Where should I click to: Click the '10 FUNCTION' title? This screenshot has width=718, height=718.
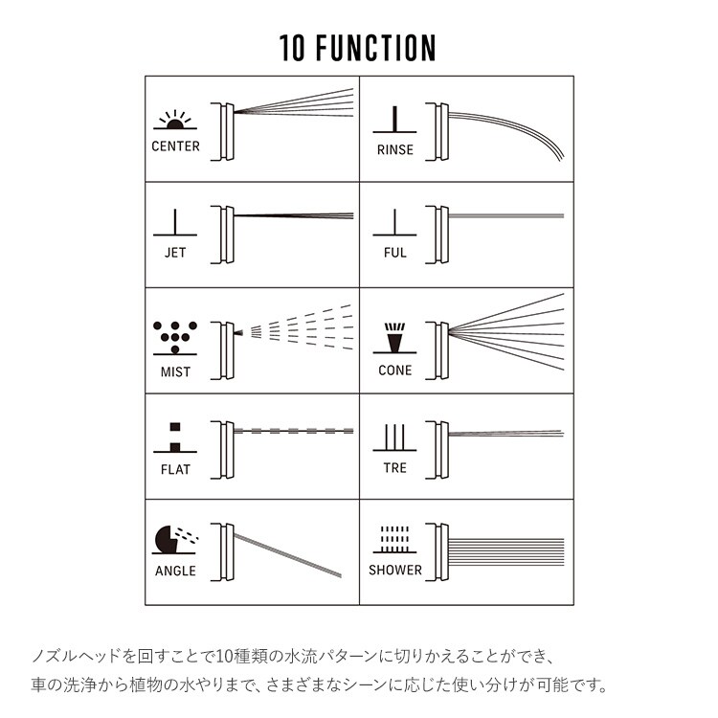click(358, 48)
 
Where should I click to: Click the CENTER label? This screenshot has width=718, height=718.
click(175, 146)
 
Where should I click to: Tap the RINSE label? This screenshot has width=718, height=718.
click(394, 149)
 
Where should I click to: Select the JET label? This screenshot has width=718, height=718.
click(175, 253)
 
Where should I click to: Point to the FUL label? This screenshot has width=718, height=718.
click(394, 253)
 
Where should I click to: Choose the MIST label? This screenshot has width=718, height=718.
click(175, 371)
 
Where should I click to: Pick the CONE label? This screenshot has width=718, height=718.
click(394, 370)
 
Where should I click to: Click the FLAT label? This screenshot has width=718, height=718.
click(175, 469)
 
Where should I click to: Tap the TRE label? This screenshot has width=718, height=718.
click(394, 468)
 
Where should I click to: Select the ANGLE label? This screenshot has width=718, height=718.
click(175, 571)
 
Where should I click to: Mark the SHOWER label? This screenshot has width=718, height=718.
click(394, 570)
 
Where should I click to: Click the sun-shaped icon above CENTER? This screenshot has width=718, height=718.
click(174, 121)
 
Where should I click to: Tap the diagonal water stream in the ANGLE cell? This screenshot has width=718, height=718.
click(287, 552)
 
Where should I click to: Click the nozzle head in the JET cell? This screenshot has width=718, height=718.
click(227, 233)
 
